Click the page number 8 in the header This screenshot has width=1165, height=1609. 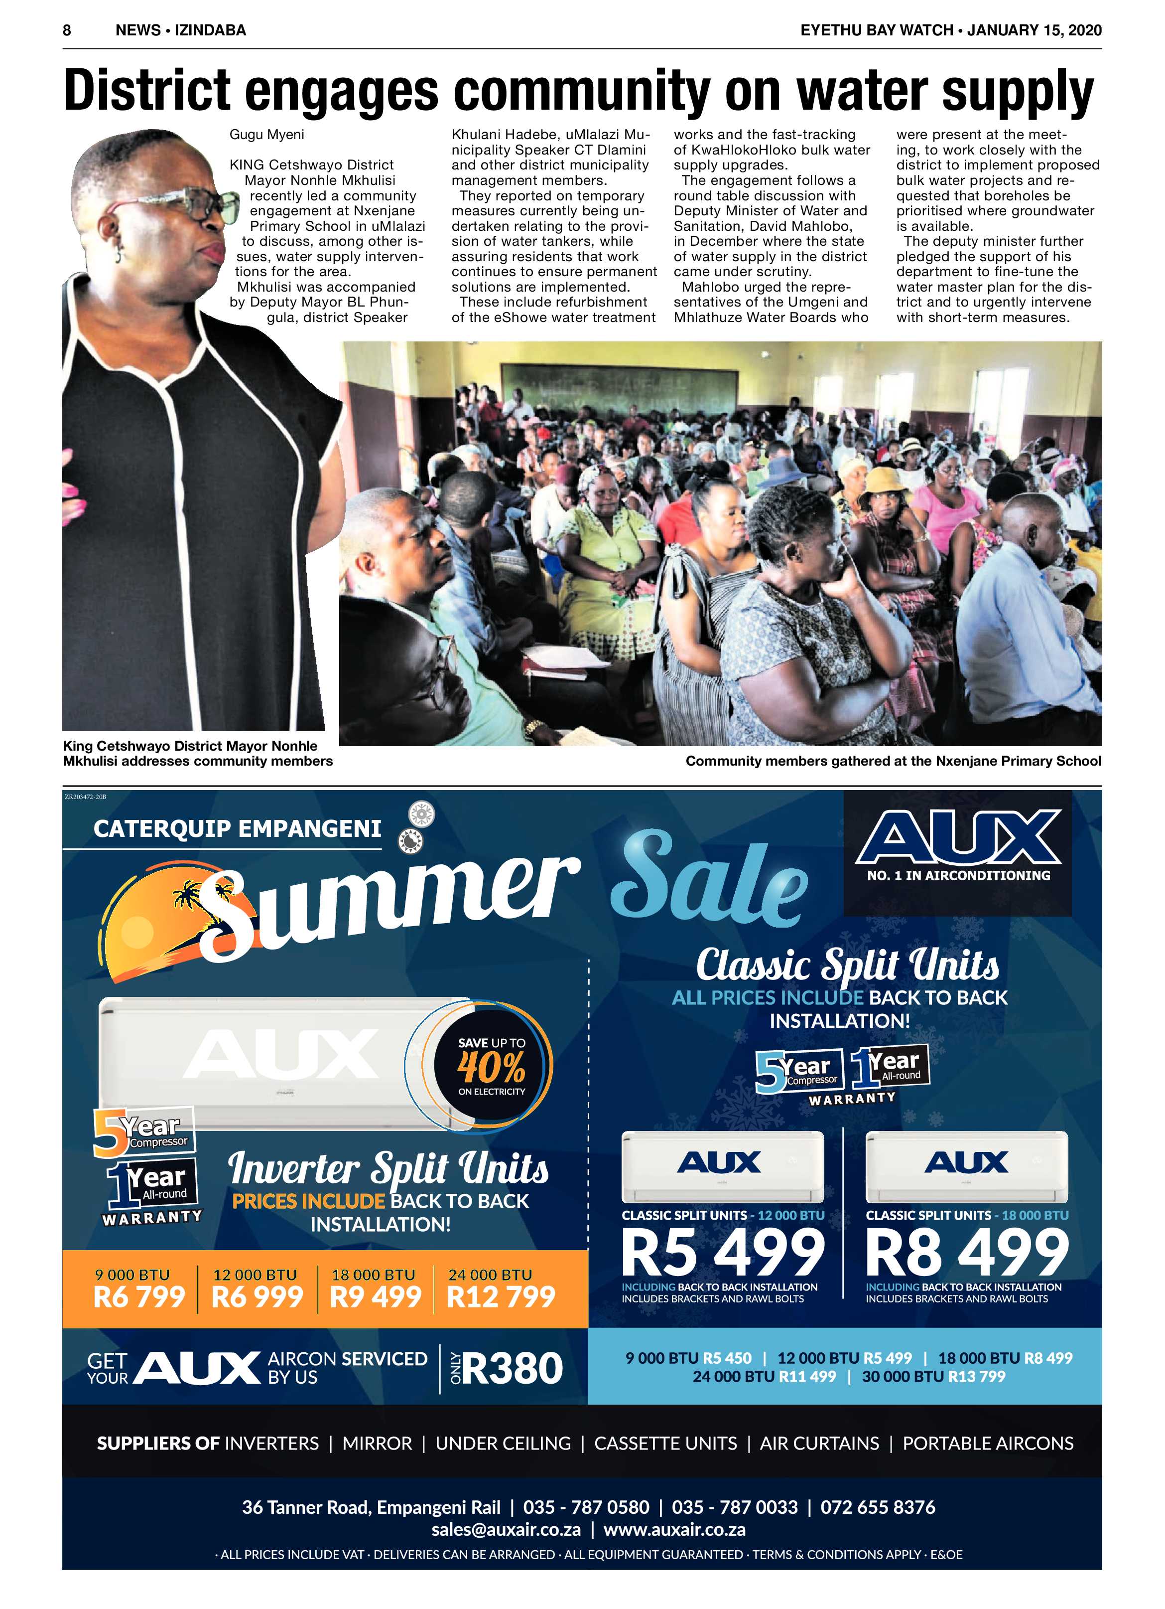point(67,30)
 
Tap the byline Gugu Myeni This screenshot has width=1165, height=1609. point(266,134)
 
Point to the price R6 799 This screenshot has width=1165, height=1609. point(139,1297)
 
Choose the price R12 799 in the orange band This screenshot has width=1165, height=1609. point(501,1297)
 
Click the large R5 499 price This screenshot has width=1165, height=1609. point(723,1254)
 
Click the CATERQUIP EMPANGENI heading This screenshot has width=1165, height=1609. point(238,828)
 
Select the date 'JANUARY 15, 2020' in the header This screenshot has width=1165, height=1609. point(1035,30)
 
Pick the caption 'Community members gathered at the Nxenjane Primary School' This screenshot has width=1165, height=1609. point(893,761)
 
